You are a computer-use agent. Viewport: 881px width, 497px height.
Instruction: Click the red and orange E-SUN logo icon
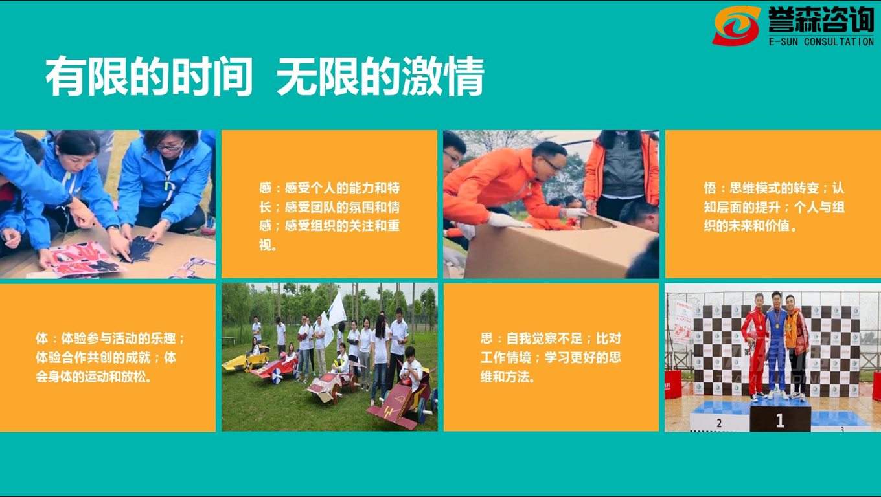736,25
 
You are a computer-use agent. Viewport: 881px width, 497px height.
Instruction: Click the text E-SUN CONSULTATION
821,41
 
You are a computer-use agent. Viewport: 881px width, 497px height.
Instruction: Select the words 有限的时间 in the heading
149,76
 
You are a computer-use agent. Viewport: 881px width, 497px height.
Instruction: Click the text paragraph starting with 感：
330,217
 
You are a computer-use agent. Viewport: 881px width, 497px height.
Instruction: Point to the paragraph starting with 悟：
774,207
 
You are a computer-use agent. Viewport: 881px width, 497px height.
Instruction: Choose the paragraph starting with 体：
110,357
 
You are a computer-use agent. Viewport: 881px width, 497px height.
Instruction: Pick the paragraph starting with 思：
551,357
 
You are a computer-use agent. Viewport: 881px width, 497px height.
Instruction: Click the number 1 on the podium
781,421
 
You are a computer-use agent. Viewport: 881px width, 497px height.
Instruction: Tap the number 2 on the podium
719,423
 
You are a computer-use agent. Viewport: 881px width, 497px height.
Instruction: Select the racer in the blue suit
776,344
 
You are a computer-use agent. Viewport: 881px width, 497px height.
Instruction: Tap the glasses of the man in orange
553,165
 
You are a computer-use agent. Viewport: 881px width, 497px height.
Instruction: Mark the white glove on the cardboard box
507,221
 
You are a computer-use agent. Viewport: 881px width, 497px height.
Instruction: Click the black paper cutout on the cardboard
140,247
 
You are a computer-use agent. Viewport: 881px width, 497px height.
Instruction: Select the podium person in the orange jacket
796,346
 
